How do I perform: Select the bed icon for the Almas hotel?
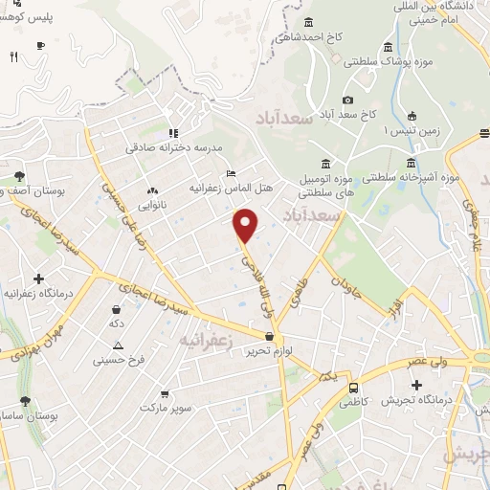click(231, 173)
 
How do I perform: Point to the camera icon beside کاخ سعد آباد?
click(347, 100)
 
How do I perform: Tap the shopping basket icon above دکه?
click(117, 310)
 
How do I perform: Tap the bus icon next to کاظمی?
click(354, 389)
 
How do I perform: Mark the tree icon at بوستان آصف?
click(19, 176)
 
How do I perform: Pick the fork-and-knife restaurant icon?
click(13, 57)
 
